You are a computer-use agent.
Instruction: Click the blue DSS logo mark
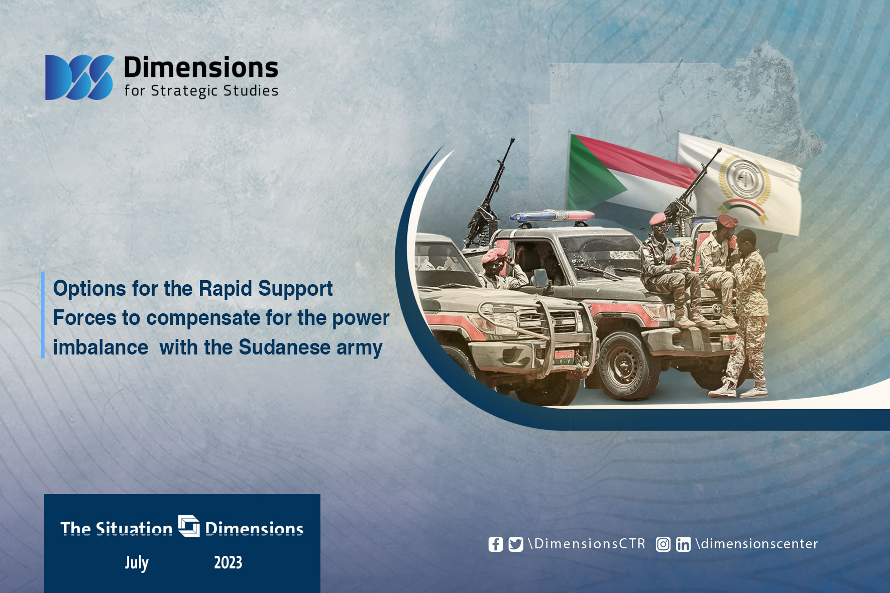(79, 77)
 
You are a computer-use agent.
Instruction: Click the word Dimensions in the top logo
(201, 68)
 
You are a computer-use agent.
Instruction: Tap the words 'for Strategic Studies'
(201, 91)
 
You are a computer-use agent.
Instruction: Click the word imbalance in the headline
(100, 347)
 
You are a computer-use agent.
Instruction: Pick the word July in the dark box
(137, 563)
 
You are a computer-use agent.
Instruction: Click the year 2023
(228, 563)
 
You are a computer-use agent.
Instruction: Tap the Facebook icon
(496, 544)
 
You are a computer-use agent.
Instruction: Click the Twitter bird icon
(516, 544)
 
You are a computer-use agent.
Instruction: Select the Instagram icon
(663, 544)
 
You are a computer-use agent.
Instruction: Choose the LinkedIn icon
(683, 544)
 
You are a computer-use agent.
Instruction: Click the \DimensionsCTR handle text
(587, 544)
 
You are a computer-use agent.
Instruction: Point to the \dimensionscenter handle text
(756, 544)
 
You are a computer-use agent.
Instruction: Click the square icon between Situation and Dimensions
(189, 526)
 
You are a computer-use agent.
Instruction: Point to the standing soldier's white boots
(738, 389)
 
